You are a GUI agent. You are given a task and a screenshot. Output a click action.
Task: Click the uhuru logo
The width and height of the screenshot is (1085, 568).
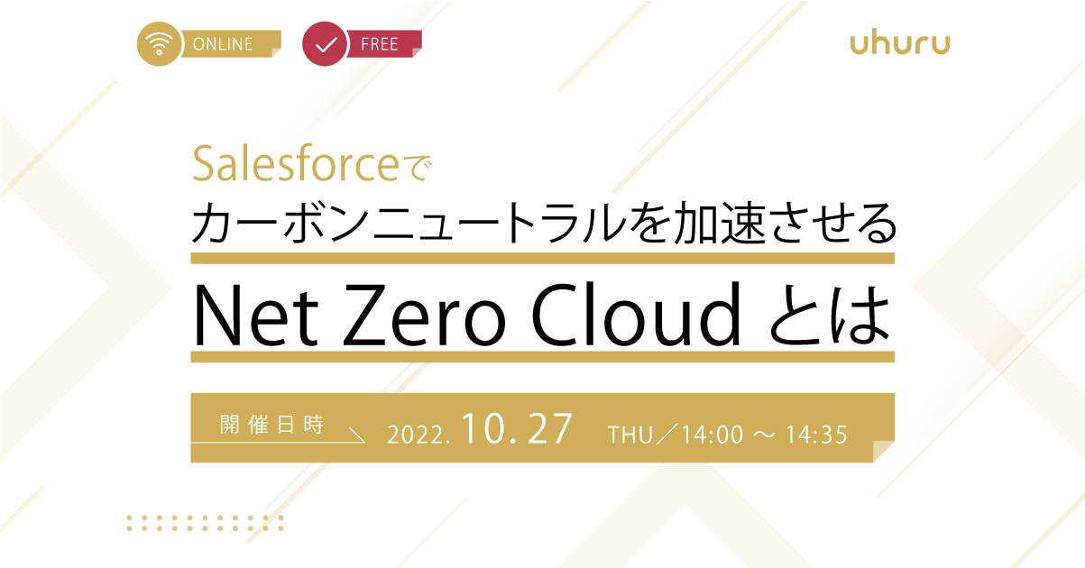[900, 43]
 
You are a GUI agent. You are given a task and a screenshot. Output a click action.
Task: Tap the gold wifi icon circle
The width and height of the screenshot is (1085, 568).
[159, 43]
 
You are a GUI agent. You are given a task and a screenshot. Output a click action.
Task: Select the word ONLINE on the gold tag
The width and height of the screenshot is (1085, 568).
[223, 44]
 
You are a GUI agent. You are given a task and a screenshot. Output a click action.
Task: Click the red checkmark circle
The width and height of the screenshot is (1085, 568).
[325, 43]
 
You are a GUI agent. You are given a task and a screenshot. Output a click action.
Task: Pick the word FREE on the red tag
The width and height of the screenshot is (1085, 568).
[380, 44]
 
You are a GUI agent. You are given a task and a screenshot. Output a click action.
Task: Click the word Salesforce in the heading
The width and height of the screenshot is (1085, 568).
[296, 164]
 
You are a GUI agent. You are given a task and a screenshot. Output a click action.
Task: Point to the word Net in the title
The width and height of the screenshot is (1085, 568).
[256, 315]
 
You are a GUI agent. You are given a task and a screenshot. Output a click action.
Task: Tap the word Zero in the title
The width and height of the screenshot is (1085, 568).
[424, 315]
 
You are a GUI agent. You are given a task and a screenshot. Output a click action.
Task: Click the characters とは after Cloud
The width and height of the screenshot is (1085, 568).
[829, 315]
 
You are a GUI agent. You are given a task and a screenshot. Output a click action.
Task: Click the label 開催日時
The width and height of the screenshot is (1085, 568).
[271, 425]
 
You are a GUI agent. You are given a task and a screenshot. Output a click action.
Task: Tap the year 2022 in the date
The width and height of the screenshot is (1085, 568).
[416, 435]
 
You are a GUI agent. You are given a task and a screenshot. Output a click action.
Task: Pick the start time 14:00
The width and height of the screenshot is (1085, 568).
[713, 435]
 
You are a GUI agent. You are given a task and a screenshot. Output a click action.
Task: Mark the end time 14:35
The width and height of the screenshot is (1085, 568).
[816, 435]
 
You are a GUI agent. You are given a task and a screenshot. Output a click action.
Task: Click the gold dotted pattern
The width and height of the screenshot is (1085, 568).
[205, 523]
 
